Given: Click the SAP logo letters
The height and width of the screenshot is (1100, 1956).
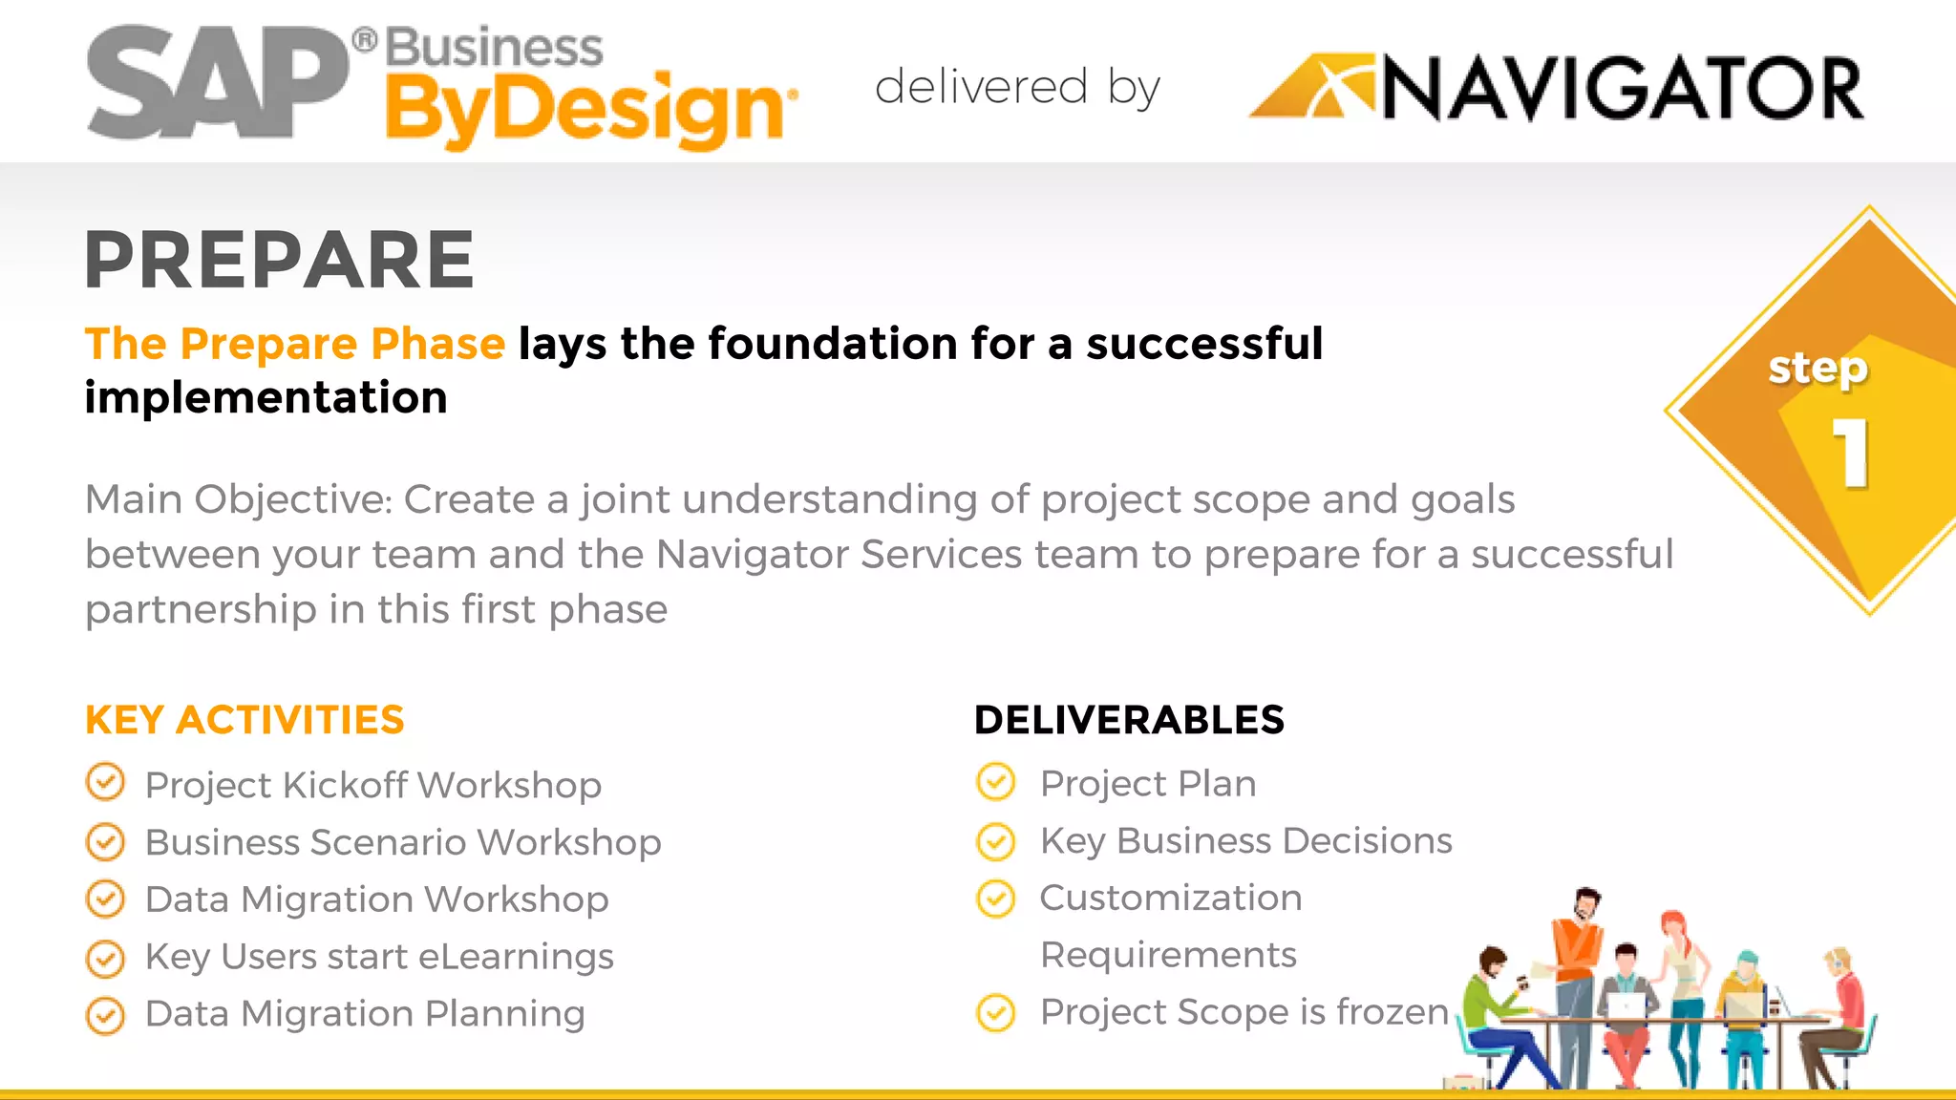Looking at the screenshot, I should click(218, 84).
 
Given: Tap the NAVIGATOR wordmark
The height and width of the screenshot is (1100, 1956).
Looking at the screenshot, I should click(1622, 90).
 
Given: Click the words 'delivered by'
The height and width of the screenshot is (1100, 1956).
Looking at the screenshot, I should click(1017, 88).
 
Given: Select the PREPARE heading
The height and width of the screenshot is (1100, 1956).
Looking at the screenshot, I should click(279, 260).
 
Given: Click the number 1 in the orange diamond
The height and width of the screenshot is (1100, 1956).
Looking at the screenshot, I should click(1851, 454).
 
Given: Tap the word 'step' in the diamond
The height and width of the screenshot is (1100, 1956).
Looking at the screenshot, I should click(1817, 369).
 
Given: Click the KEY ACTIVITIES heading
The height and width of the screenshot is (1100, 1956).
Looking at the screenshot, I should click(244, 720).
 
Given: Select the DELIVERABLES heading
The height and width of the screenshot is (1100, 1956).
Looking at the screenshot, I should click(1129, 720).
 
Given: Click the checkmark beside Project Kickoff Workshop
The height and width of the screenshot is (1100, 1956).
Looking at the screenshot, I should click(105, 783).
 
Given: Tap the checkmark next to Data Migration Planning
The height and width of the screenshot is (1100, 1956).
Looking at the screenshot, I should click(105, 1015).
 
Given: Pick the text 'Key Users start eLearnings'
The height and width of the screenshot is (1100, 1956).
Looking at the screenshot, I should click(379, 957).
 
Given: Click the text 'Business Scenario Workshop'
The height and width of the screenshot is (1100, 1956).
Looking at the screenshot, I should click(403, 842).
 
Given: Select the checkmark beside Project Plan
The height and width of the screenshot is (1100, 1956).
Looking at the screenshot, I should click(996, 782).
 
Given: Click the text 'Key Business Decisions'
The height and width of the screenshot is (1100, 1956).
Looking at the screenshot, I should click(1245, 840).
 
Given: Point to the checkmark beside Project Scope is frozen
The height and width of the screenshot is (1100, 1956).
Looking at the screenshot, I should click(996, 1012).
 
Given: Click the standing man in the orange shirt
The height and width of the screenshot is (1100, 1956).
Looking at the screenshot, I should click(1576, 955).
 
